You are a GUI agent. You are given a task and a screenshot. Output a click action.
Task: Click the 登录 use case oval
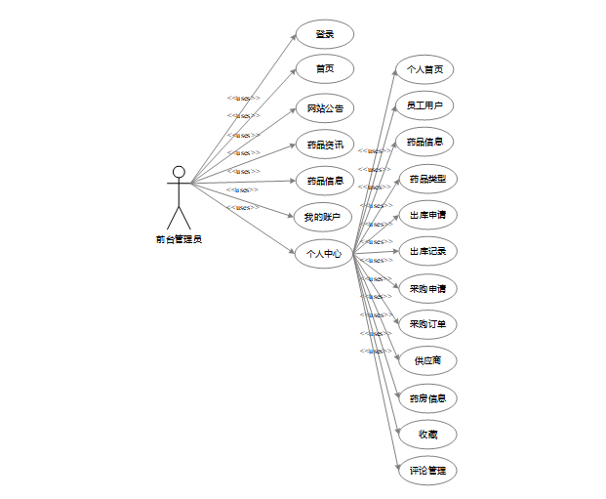coord(324,34)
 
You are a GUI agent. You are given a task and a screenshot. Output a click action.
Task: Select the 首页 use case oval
coord(324,69)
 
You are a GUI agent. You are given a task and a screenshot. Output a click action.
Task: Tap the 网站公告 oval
coord(324,108)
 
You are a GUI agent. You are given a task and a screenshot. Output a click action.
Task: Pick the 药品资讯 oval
coord(324,145)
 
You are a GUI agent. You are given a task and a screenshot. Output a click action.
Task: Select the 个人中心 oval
coord(324,254)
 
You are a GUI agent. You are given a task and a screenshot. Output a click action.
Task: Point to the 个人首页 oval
coord(424,69)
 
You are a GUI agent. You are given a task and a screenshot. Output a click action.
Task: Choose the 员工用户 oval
coord(424,104)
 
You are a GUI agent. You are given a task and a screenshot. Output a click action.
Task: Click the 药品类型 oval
coord(427,179)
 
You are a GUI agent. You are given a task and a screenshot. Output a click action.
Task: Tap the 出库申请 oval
coord(427,215)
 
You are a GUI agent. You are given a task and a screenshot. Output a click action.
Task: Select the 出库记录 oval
coord(427,252)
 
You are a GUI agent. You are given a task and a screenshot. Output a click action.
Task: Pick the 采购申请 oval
coord(427,289)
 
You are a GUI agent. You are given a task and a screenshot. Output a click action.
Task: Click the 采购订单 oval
coord(427,324)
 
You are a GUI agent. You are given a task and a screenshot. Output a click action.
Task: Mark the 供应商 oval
coord(427,360)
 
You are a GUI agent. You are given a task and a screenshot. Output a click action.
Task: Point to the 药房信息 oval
coord(427,397)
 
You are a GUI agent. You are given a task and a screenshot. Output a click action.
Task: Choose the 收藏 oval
coord(427,434)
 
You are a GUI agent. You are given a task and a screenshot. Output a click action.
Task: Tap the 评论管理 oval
coord(427,471)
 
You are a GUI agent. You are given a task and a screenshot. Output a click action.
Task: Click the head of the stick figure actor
coord(179,172)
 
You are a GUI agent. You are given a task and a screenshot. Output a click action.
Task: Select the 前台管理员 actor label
coord(179,239)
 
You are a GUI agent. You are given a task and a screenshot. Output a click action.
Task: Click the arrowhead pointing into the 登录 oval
coord(294,38)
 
